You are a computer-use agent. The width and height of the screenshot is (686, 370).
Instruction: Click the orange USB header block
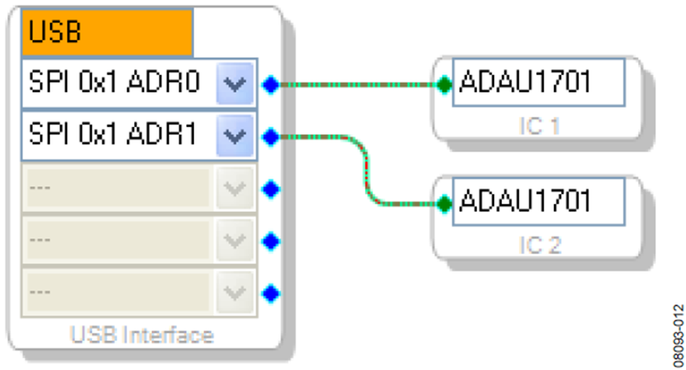tap(107, 32)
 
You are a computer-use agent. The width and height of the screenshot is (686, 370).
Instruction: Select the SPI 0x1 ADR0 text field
tap(118, 83)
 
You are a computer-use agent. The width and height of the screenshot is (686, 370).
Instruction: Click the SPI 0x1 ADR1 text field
tap(118, 136)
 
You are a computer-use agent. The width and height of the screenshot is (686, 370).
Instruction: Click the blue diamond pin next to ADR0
tap(271, 85)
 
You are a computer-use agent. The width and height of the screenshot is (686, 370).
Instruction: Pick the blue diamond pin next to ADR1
tap(271, 137)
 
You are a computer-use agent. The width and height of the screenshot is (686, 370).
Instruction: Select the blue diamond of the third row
tap(271, 189)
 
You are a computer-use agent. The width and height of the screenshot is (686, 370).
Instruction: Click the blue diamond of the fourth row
tap(271, 241)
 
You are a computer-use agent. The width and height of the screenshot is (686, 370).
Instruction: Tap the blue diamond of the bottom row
tap(271, 294)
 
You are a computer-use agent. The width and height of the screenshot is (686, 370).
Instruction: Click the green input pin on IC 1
tap(444, 85)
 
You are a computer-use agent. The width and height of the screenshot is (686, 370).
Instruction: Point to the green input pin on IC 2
tap(444, 204)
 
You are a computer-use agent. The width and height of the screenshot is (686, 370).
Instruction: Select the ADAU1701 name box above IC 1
tap(539, 82)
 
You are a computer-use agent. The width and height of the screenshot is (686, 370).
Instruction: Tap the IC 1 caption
tap(539, 126)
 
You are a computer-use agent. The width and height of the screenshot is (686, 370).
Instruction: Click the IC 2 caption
tap(540, 245)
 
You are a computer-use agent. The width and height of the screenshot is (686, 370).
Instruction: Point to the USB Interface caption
tap(142, 335)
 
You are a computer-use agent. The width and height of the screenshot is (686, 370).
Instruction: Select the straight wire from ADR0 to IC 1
tap(358, 85)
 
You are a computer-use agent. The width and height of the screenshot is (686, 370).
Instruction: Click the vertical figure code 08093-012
tap(678, 336)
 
